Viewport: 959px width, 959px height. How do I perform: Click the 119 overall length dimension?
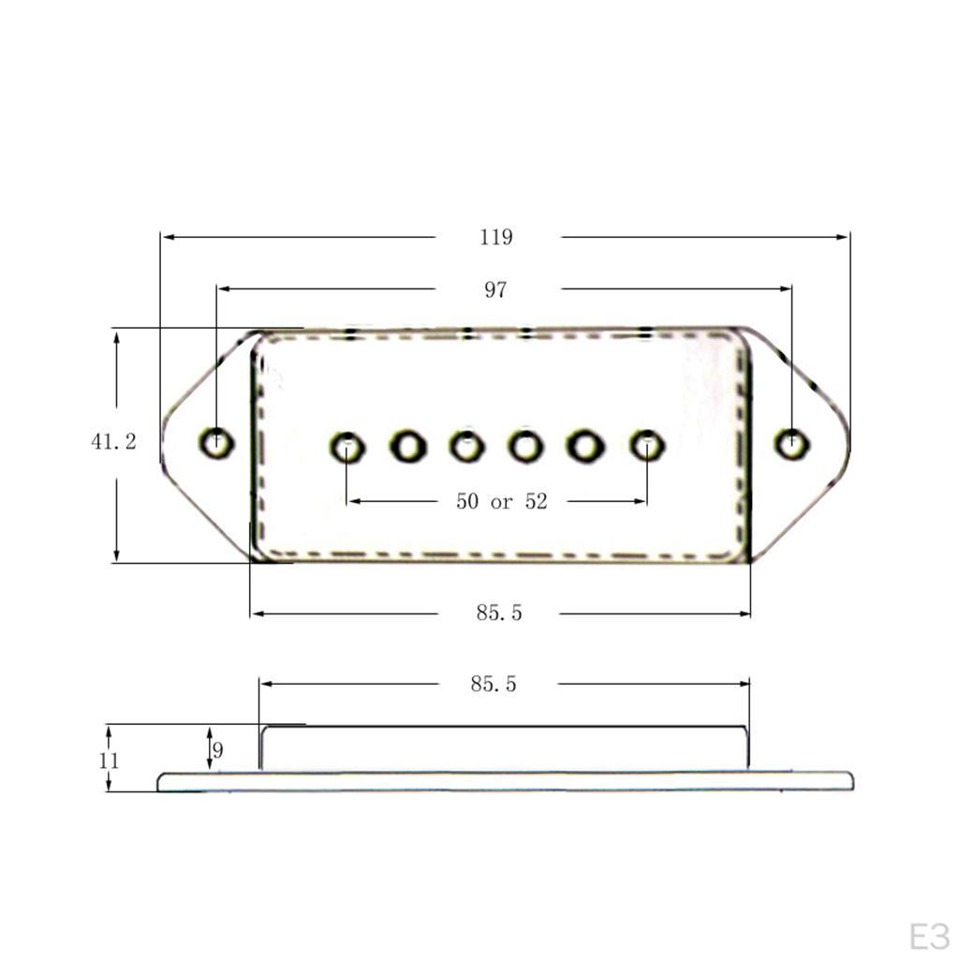tap(496, 237)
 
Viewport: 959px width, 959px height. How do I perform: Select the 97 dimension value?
tap(495, 289)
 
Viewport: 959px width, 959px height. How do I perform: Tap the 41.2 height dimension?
tap(113, 441)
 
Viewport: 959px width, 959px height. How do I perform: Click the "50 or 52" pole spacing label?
tap(502, 502)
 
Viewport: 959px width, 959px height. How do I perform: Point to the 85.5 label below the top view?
tap(499, 612)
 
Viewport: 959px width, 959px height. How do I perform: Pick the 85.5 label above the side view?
tap(494, 684)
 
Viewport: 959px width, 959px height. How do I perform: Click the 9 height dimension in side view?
tap(217, 750)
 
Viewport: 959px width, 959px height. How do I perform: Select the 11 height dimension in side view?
tap(109, 760)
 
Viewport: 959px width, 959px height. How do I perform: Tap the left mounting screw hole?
tap(216, 442)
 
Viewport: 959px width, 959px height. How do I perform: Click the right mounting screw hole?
tap(792, 443)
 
